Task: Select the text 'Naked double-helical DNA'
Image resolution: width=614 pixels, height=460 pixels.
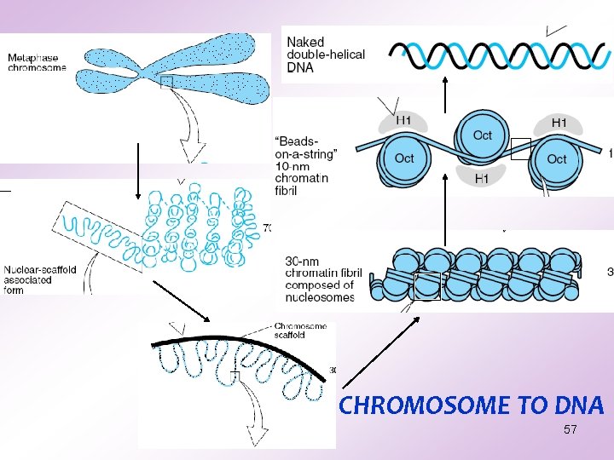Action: coord(325,55)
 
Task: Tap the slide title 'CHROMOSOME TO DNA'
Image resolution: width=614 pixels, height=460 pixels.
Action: coord(471,405)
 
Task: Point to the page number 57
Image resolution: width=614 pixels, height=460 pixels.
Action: coord(571,430)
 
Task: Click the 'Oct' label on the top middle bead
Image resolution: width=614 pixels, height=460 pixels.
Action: coord(483,135)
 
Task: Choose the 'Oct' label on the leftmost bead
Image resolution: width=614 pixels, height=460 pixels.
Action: coord(404,158)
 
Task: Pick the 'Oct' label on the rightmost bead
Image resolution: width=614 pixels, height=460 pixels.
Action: coord(557,158)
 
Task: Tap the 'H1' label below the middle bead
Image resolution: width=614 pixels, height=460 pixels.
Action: coord(482,178)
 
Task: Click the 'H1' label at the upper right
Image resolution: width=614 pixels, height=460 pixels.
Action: coord(559,124)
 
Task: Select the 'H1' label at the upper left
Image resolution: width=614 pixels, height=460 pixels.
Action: coord(404,121)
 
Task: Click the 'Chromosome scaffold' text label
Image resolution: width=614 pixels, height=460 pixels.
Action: coord(301,330)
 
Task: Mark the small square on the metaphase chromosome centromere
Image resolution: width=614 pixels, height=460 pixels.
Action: coord(166,82)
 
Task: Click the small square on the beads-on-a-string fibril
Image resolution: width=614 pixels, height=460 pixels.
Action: coord(521,148)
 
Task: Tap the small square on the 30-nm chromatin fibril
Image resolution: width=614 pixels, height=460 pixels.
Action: coord(427,287)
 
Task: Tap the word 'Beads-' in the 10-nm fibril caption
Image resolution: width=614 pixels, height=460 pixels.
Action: coord(294,141)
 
